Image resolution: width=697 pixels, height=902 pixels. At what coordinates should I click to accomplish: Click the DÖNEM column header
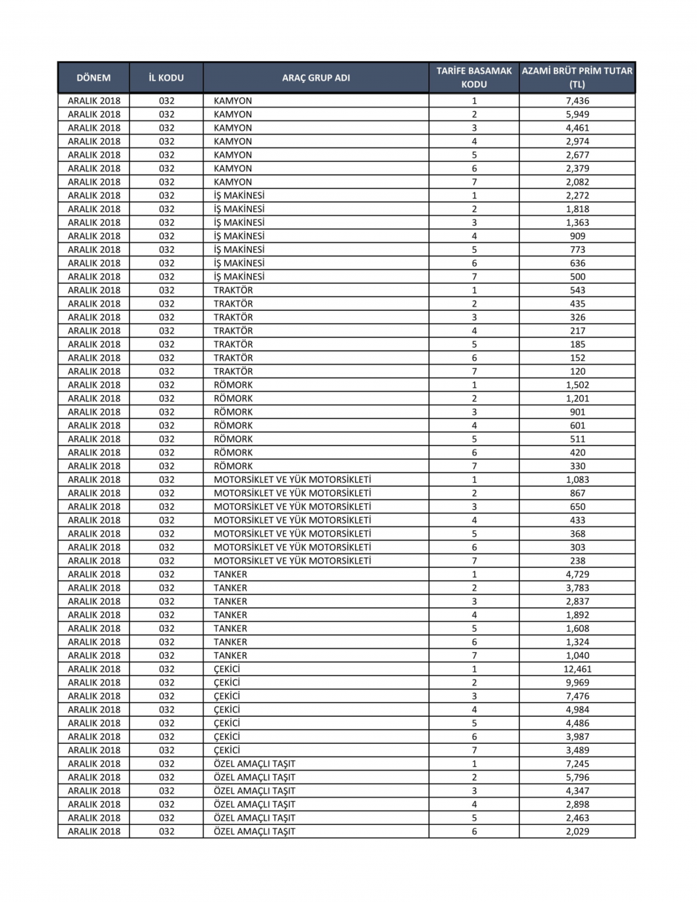[x=94, y=78]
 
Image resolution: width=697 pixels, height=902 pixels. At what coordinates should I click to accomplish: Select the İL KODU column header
[x=166, y=78]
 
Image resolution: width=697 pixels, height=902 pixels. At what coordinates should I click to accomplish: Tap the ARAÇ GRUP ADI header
[x=316, y=78]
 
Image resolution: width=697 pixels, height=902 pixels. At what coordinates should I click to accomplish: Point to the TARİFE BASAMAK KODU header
[x=474, y=78]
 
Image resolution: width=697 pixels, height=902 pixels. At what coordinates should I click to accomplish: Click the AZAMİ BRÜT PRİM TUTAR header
[x=577, y=78]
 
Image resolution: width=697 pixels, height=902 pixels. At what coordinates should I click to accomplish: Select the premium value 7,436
[x=577, y=101]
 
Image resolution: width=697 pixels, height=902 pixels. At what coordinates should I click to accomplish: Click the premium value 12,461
[x=577, y=669]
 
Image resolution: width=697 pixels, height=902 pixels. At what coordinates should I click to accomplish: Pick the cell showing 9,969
[x=577, y=683]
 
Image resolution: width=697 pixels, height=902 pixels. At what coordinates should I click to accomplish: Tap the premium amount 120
[x=577, y=371]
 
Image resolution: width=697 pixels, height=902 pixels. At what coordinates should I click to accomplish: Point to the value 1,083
[x=577, y=479]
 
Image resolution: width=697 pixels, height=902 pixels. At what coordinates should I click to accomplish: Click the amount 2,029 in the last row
[x=577, y=832]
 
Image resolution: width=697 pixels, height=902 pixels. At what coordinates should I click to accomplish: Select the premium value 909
[x=577, y=236]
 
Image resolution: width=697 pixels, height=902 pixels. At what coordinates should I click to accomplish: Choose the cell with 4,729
[x=577, y=574]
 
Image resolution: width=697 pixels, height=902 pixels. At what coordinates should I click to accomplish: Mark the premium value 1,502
[x=577, y=385]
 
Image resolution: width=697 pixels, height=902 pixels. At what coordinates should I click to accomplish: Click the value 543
[x=577, y=290]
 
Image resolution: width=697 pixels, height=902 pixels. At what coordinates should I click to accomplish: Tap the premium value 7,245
[x=577, y=764]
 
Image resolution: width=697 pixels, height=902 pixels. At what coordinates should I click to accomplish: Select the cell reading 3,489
[x=577, y=750]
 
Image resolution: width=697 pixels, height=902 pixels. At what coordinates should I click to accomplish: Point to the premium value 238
[x=577, y=561]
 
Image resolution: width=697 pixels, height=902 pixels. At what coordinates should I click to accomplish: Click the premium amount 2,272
[x=577, y=195]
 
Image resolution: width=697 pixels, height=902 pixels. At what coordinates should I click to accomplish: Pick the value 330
[x=577, y=466]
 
